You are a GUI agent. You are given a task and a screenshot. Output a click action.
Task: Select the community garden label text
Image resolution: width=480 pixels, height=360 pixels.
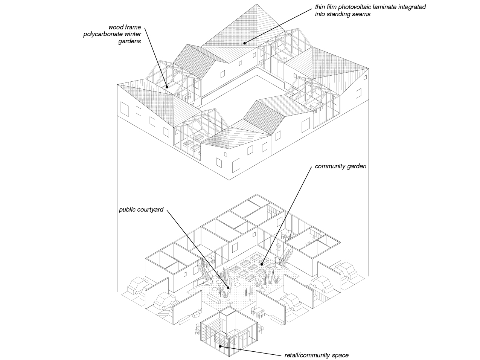(x=340, y=166)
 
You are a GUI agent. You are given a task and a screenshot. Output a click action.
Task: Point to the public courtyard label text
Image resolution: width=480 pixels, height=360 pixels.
(x=141, y=209)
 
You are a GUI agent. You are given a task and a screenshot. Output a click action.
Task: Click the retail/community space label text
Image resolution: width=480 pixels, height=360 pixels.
(x=316, y=355)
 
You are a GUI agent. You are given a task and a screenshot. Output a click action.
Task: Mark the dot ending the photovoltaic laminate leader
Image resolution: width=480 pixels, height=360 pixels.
(x=244, y=43)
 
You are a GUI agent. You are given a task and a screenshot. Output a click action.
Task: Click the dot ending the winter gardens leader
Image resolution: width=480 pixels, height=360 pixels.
(x=166, y=87)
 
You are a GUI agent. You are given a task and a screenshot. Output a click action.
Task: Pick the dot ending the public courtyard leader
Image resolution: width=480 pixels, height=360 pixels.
(x=228, y=288)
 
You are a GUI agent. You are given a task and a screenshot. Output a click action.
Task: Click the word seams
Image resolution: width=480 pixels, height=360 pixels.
(x=362, y=14)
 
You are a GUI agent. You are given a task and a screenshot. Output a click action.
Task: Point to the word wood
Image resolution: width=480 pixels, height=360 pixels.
(x=115, y=27)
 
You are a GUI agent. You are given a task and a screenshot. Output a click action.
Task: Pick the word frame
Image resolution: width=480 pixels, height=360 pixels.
(x=132, y=27)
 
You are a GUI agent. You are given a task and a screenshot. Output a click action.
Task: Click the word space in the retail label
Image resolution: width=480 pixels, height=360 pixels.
(x=340, y=355)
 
